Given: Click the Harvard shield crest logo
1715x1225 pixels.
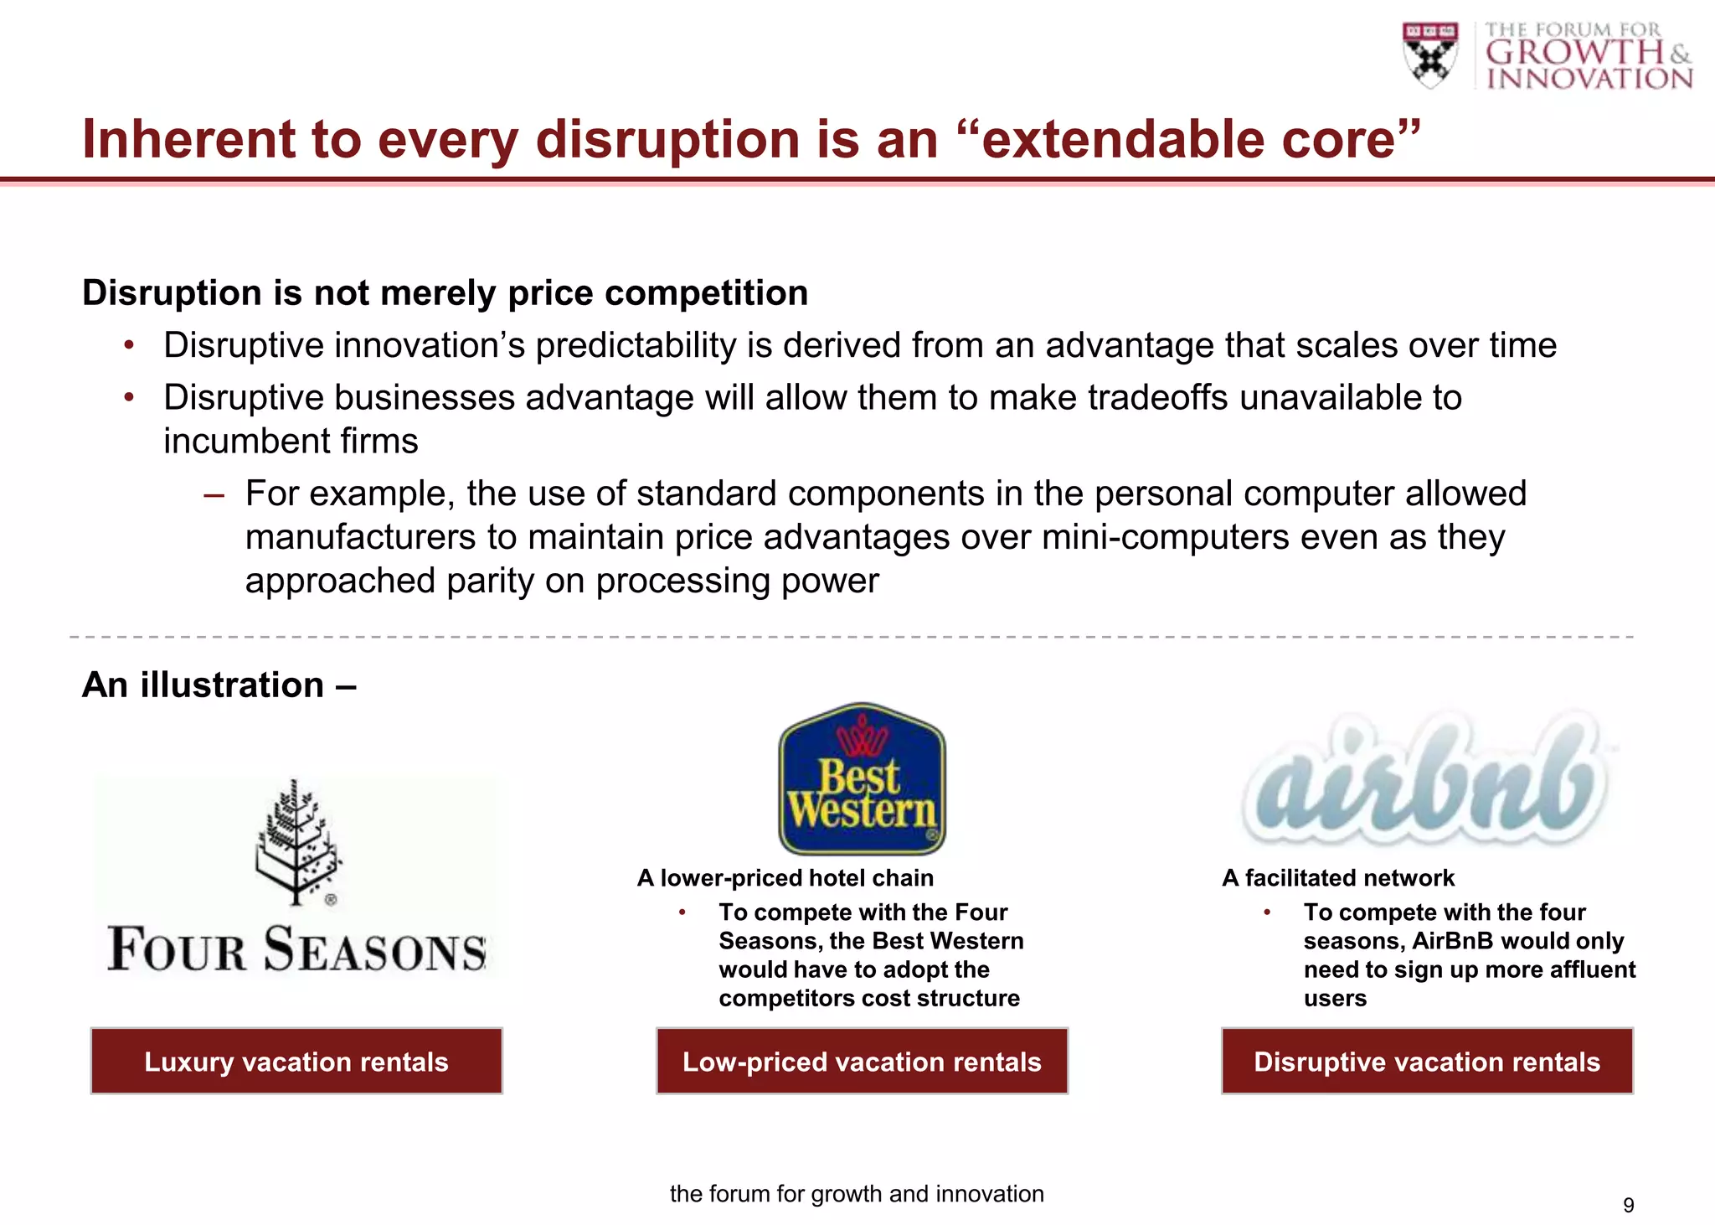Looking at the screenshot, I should click(1429, 54).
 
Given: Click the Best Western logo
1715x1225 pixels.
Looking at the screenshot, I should click(862, 778).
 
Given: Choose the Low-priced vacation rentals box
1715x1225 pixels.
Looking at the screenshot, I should click(862, 1061).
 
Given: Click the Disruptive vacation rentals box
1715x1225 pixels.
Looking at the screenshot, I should click(1427, 1061).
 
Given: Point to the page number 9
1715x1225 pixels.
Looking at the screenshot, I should click(1628, 1205).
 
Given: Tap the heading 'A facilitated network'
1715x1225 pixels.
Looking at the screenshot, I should click(1337, 877).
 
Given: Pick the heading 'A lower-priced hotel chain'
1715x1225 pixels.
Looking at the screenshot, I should click(785, 877).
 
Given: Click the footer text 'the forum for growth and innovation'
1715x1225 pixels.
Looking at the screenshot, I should click(857, 1193).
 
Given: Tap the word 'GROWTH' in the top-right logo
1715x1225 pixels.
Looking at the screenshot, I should click(1574, 52).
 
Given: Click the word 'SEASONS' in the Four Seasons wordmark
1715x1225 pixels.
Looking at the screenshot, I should click(374, 950).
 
